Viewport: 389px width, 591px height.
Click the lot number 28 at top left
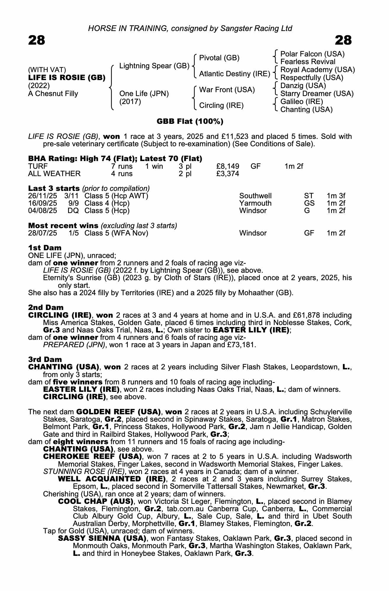[x=37, y=40]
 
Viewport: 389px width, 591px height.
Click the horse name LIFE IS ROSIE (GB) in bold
[x=67, y=78]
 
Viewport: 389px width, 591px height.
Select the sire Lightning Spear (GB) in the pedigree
[x=154, y=66]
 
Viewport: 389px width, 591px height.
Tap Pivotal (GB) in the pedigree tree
[x=219, y=58]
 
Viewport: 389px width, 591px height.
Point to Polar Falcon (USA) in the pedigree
[x=312, y=54]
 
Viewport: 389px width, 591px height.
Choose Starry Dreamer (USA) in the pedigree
[x=317, y=94]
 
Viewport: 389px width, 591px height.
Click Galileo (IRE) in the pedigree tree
[x=301, y=102]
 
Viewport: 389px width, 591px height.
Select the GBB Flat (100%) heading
[x=190, y=121]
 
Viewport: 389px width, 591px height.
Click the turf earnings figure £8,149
[x=228, y=166]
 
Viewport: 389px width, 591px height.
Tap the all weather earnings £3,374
[x=228, y=174]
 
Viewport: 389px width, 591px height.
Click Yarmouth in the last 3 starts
[x=255, y=203]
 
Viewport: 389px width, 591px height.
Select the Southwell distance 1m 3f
[x=336, y=196]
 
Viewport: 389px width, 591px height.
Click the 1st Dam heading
[x=45, y=248]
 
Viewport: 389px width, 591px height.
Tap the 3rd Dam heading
[x=45, y=359]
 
